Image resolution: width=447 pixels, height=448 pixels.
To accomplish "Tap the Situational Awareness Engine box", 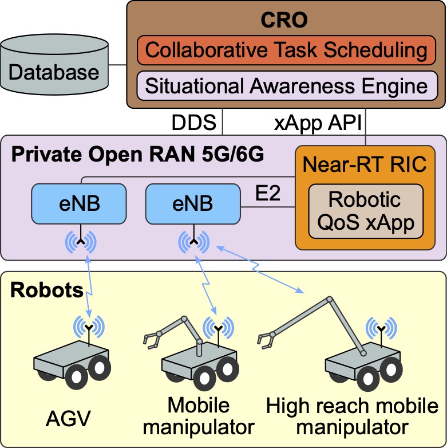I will coord(286,86).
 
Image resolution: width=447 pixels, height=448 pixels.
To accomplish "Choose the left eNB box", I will coord(78,203).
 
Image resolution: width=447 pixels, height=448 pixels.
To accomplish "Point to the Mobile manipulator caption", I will coord(199,416).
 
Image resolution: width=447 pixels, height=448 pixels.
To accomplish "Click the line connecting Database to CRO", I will coord(117,65).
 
